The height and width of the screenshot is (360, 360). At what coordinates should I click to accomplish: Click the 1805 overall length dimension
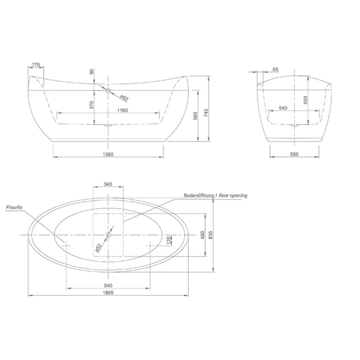tap(108, 292)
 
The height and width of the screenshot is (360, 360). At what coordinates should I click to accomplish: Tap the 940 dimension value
tap(108, 286)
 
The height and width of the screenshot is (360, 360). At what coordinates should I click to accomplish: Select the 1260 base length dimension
tap(108, 154)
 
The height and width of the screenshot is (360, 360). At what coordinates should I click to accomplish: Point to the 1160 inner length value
tap(123, 110)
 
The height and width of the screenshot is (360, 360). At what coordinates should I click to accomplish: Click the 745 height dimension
tap(206, 113)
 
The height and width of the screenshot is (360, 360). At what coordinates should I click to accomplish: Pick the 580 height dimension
tap(195, 116)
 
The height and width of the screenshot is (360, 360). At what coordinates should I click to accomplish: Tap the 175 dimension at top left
tap(36, 65)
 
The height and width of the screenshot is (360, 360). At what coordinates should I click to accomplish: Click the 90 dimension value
tap(92, 72)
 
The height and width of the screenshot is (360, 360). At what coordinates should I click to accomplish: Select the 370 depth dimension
tap(92, 105)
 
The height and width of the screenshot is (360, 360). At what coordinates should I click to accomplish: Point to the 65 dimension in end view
tap(276, 69)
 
